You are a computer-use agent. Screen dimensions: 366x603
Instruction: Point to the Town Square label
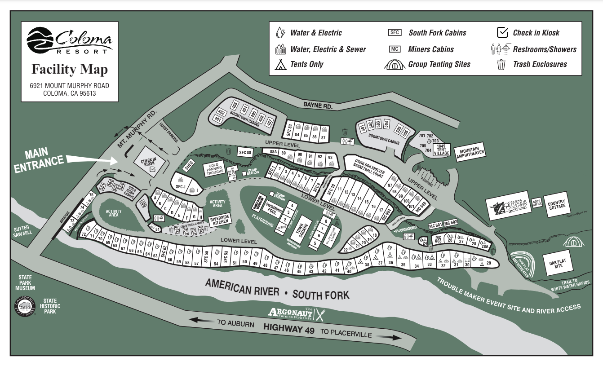tap(303, 226)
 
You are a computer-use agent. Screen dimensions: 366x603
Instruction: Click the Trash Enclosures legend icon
tap(501, 64)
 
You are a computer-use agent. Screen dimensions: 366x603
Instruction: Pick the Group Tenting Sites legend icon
tap(395, 64)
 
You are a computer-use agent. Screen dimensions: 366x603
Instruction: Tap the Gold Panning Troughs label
tap(215, 169)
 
